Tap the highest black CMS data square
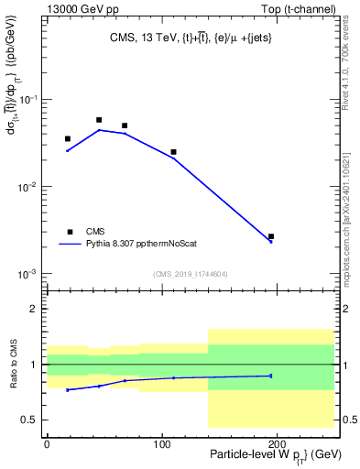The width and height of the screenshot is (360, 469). coord(99,120)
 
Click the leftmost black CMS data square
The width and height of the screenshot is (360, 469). coord(68,139)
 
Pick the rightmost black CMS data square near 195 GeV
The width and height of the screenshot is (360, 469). coord(271,236)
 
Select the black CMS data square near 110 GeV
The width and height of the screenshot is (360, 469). coord(173,152)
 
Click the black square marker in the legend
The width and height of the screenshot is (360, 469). coord(68,231)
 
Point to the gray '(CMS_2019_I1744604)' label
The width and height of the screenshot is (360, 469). coord(191,273)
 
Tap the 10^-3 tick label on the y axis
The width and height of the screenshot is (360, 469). coord(27,275)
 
